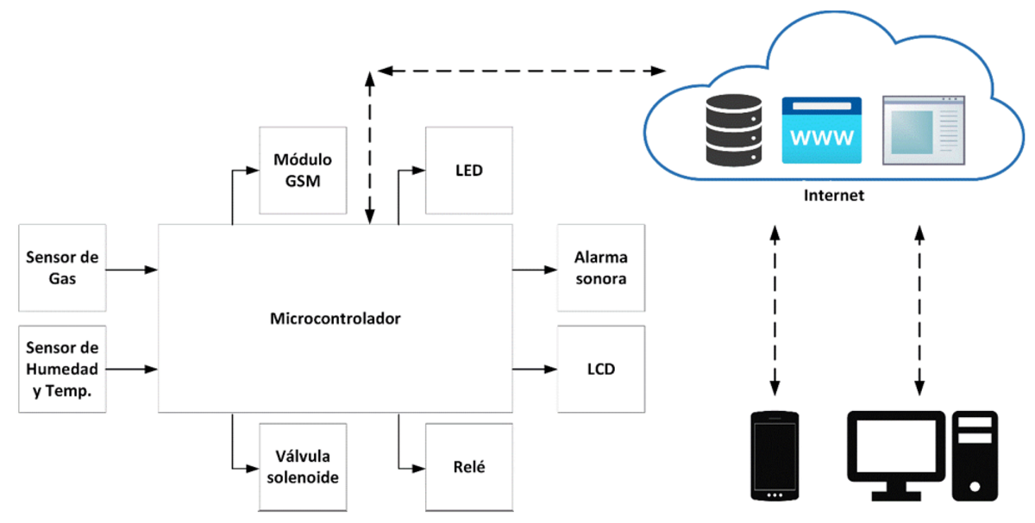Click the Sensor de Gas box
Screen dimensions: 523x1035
coord(62,268)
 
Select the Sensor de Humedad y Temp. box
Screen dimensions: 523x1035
coord(62,369)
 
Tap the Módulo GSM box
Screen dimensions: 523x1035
coord(303,171)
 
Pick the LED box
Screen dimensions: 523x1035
coord(468,171)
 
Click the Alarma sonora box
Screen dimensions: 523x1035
coord(600,268)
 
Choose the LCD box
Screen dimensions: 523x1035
coord(600,369)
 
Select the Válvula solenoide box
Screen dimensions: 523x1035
coord(303,466)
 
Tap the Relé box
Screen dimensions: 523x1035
coord(468,466)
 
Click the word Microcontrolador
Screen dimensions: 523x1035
coord(336,319)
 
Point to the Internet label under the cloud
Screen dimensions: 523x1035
coord(833,196)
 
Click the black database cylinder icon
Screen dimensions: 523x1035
coord(734,130)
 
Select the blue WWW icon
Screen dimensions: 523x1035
coord(821,130)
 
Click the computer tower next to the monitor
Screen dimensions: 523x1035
coord(975,456)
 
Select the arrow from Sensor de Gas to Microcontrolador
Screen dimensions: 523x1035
coord(131,270)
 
